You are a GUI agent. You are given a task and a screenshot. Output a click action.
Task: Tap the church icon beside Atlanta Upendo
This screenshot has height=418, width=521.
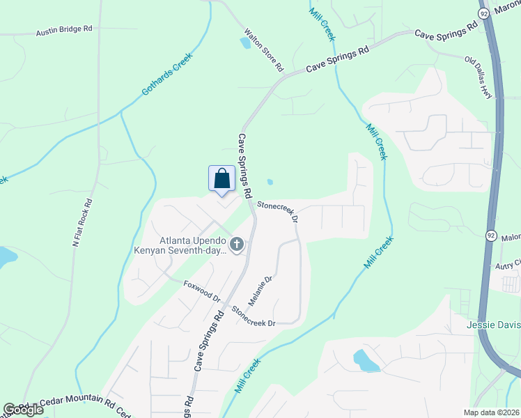pos(237,245)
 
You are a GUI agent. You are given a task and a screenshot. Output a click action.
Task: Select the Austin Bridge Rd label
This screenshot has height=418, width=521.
pos(64,32)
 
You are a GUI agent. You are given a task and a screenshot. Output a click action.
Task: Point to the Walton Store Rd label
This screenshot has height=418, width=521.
pos(263,50)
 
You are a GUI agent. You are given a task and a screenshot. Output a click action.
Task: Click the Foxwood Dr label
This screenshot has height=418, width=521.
pos(202,291)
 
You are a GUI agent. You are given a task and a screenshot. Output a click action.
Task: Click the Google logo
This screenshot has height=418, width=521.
pos(23,410)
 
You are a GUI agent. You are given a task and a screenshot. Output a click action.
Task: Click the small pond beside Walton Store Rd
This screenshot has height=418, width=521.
pos(244,42)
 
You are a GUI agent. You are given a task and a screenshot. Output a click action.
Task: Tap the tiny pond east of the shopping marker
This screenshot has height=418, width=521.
pos(270,183)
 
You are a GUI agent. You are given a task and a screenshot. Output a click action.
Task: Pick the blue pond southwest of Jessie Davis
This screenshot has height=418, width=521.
pos(365,361)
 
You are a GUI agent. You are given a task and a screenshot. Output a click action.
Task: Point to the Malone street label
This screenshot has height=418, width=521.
pos(511,238)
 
